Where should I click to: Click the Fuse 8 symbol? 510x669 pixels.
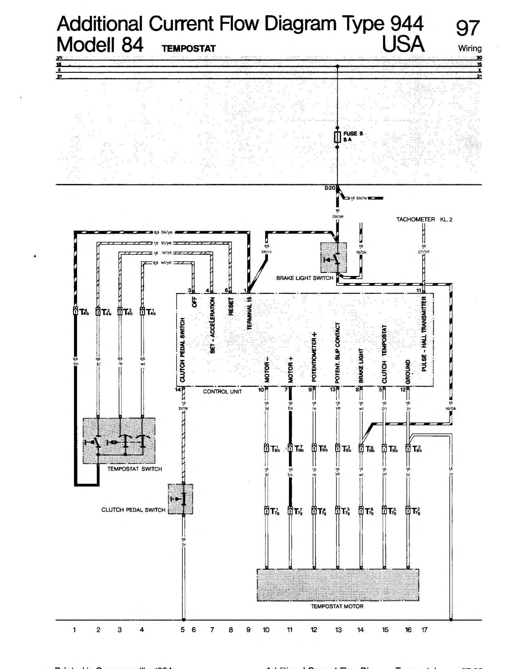pos(337,138)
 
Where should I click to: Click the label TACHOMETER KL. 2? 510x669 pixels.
pos(424,219)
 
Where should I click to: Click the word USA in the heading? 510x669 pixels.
pos(403,44)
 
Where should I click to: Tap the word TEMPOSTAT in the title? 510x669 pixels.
pos(189,49)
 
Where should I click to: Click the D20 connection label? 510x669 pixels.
pos(330,188)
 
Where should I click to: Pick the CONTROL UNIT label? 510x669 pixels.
pos(222,391)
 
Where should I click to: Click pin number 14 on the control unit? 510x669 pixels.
pos(178,390)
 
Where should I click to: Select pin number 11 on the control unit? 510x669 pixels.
pos(419,290)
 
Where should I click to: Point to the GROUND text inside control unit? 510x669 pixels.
pos(408,372)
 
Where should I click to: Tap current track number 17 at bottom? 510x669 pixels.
pos(424,630)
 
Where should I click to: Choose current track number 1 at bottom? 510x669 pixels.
pos(74,630)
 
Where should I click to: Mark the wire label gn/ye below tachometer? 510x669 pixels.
pos(424,251)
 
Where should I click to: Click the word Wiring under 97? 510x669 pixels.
pos(470,48)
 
